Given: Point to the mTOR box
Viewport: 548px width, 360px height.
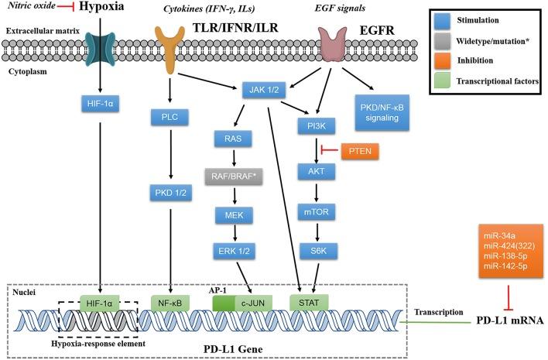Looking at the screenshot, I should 317,208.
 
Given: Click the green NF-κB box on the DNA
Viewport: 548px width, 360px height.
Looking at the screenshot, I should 169,301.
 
